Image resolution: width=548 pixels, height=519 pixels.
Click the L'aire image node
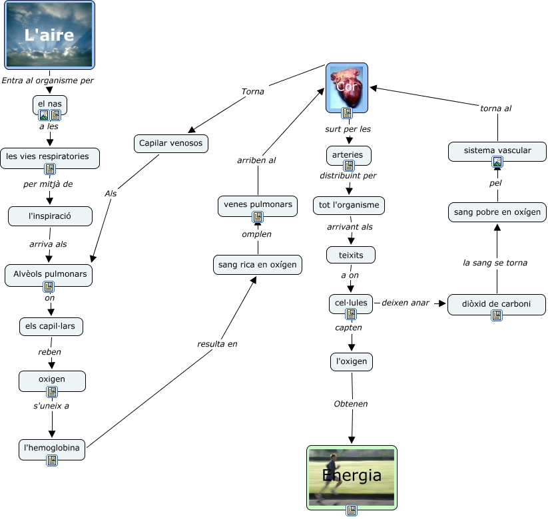click(x=49, y=35)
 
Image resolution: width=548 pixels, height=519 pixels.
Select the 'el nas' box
click(x=50, y=104)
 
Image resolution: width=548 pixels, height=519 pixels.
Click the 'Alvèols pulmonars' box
click(x=49, y=274)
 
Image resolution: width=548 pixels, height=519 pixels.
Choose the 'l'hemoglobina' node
click(x=52, y=448)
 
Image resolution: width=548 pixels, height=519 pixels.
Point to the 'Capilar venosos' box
click(x=171, y=143)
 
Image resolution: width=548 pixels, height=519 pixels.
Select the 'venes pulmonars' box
click(x=257, y=204)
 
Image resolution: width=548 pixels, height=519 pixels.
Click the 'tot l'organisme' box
click(x=349, y=205)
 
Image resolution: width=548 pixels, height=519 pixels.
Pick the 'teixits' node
click(x=351, y=255)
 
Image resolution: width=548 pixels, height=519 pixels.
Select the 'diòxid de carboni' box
click(x=497, y=304)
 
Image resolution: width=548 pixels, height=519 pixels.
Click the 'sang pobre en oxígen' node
click(x=497, y=212)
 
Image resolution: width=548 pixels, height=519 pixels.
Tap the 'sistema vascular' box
click(x=497, y=150)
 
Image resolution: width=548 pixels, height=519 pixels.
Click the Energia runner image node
click(x=352, y=475)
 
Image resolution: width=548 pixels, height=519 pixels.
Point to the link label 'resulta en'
click(x=217, y=344)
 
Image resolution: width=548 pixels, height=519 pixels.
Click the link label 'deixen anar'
click(x=406, y=303)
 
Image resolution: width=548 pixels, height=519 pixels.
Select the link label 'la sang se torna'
click(x=495, y=263)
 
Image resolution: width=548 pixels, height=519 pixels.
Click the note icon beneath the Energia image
click(x=352, y=510)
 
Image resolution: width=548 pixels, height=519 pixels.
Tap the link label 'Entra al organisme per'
click(x=47, y=81)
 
